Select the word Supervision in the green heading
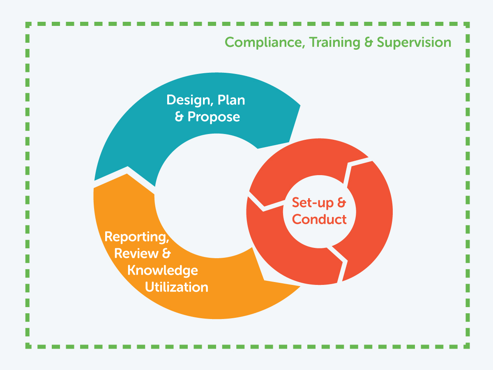414,43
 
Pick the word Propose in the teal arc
214,117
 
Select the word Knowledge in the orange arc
163,270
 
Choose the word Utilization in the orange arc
177,287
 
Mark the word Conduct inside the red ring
320,219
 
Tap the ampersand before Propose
180,117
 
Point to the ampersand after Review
166,253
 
